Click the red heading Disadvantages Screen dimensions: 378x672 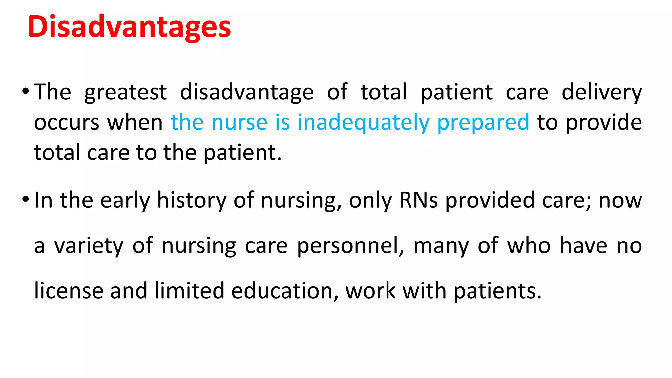(130, 27)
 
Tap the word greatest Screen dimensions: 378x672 (126, 92)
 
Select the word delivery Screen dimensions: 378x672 (602, 92)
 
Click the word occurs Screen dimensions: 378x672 (67, 122)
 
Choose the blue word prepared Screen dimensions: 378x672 (483, 122)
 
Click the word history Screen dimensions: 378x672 (192, 200)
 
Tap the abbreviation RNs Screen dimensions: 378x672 (418, 200)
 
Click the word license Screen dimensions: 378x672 (69, 291)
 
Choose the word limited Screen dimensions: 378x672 (189, 291)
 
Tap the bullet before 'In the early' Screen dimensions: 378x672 (26, 199)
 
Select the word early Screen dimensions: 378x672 (125, 200)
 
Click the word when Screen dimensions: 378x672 (135, 122)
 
